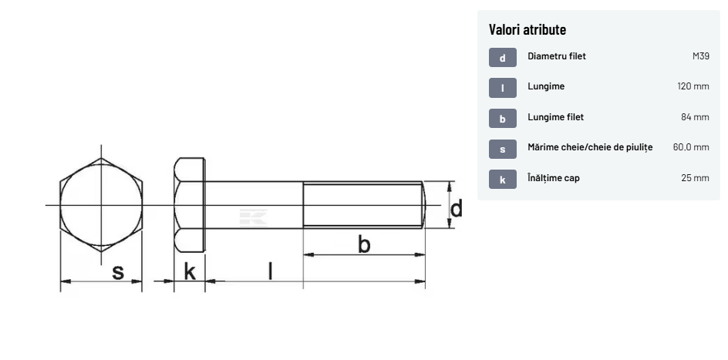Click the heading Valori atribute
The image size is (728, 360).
pos(527,30)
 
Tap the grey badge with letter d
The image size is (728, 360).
pos(502,58)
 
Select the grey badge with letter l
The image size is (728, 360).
pos(502,88)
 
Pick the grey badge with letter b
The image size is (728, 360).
pos(502,118)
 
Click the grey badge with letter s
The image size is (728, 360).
pos(502,149)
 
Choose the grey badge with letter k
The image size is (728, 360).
pos(502,179)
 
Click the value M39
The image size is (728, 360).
pos(700,56)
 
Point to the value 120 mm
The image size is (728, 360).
pos(693,86)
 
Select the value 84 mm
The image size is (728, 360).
pos(695,117)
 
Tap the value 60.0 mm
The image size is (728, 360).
pos(691,147)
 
